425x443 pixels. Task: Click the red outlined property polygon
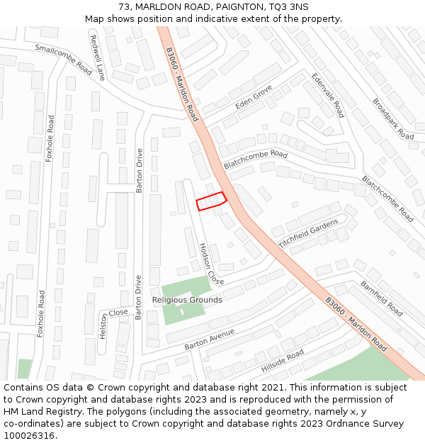click(210, 201)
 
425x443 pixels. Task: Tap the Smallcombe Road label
click(64, 59)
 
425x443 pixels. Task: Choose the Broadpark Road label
click(392, 118)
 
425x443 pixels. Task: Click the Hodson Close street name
click(211, 264)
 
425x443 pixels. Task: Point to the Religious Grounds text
click(187, 300)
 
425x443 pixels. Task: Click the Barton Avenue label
click(209, 339)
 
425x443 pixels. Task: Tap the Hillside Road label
click(282, 361)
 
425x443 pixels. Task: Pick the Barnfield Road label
click(382, 298)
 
